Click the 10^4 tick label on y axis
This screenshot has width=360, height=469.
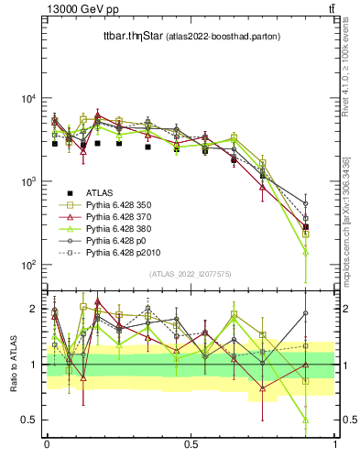click(26, 99)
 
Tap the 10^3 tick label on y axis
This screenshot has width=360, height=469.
click(26, 181)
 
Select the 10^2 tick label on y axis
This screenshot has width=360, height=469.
click(26, 265)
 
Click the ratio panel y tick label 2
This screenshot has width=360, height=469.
click(34, 309)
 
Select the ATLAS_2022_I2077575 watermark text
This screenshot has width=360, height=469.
click(191, 273)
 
